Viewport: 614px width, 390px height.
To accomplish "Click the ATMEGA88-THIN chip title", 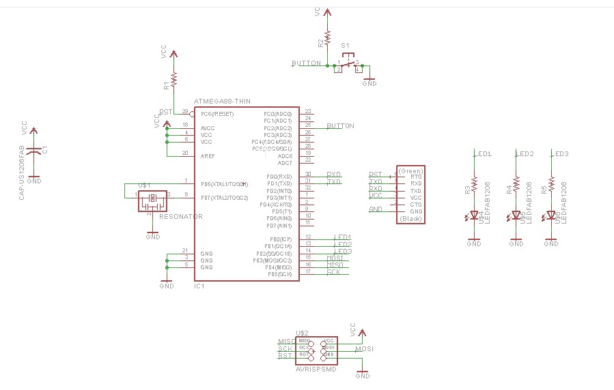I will (x=222, y=101).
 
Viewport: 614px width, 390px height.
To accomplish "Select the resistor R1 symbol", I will (x=174, y=80).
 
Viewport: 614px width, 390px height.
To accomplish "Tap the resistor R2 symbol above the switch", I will (x=328, y=36).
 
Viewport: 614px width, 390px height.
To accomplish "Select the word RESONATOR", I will (x=181, y=216).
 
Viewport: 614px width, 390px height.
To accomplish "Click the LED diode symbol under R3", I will (x=474, y=216).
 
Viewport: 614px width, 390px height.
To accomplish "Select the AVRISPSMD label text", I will (x=315, y=369).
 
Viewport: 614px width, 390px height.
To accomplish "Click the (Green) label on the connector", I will (x=410, y=170).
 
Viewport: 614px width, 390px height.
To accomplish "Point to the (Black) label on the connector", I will (x=410, y=218).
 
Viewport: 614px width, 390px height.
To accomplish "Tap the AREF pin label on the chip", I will (x=208, y=156).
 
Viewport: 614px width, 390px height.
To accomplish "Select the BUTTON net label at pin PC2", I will (x=340, y=126).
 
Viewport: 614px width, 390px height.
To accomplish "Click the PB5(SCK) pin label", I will (x=280, y=274).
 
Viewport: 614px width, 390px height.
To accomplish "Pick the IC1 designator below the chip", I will (x=199, y=286).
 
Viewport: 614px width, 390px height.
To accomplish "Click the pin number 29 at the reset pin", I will (x=184, y=111).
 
